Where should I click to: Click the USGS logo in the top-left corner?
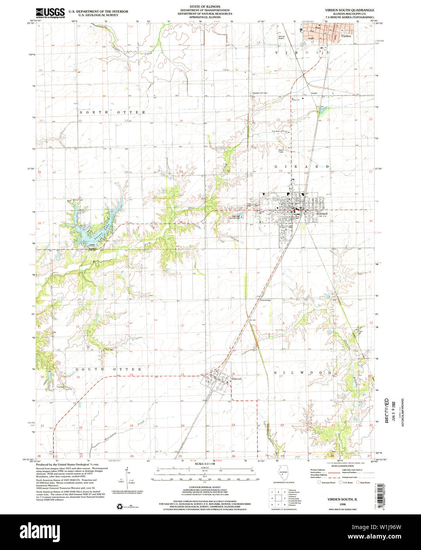[x=50, y=13]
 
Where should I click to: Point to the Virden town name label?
[x=346, y=36]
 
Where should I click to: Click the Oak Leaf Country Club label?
[x=236, y=217]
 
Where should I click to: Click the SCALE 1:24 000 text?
[x=204, y=464]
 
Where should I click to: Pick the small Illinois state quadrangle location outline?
[x=283, y=474]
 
